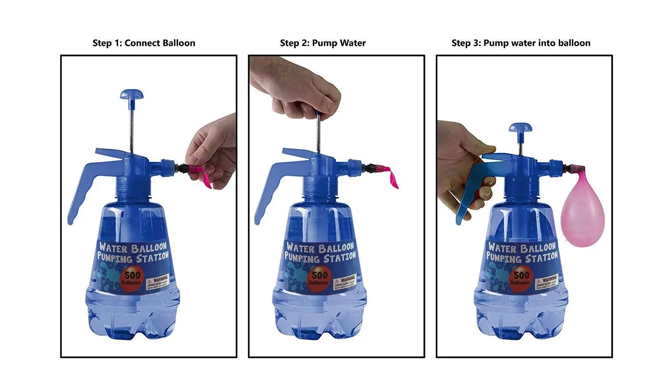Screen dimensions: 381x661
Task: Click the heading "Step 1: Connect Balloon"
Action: (144, 43)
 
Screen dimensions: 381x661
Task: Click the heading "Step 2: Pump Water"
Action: (323, 43)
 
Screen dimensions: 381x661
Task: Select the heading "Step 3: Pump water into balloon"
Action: (520, 43)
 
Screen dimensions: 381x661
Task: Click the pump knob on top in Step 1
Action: (131, 95)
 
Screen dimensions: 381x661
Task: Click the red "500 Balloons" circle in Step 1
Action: (132, 278)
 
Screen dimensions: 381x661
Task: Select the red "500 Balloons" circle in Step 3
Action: (520, 278)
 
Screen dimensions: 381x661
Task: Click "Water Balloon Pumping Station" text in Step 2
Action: (320, 252)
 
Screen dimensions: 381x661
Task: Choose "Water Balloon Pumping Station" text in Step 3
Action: (522, 252)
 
